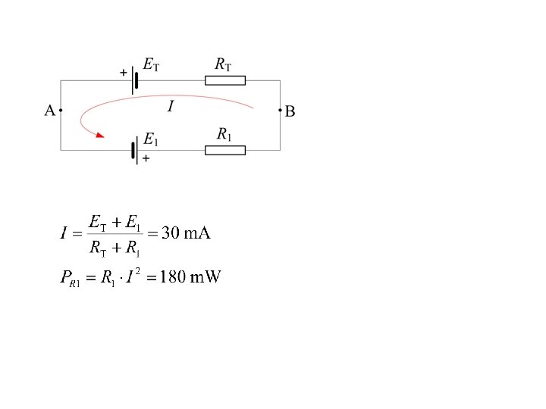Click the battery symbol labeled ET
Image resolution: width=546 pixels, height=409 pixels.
tap(135, 80)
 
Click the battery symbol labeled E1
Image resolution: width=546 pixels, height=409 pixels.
tap(135, 150)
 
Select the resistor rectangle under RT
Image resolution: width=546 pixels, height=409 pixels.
tap(225, 80)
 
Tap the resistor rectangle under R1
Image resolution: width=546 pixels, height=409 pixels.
tap(225, 150)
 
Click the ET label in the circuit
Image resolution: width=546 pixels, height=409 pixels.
tap(151, 66)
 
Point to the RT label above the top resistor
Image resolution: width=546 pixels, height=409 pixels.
tap(224, 65)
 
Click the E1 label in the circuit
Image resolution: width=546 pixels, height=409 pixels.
tap(151, 139)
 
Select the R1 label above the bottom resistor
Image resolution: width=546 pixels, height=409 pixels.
tap(224, 135)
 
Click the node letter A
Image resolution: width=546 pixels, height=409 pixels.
tap(49, 111)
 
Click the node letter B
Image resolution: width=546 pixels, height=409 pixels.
tap(290, 111)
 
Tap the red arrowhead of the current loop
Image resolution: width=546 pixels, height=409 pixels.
tap(98, 136)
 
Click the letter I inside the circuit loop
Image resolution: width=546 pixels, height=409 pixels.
tap(171, 107)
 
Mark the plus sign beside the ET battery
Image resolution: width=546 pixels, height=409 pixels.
tap(123, 73)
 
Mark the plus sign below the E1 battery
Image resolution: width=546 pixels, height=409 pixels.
tap(146, 159)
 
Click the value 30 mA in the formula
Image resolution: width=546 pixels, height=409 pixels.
tap(186, 233)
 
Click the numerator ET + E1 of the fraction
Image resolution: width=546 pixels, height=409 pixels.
tap(115, 223)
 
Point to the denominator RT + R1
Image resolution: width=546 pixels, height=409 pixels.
tap(115, 247)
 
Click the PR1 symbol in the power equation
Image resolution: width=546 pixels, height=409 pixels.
tap(70, 279)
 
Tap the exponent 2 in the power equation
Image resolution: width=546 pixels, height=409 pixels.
tap(137, 271)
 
